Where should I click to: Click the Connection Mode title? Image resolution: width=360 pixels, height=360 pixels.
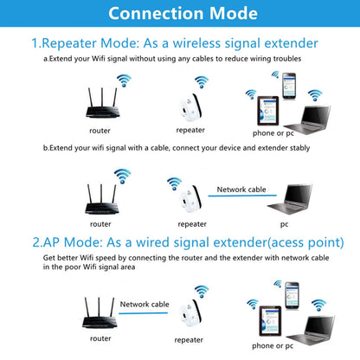click(180, 14)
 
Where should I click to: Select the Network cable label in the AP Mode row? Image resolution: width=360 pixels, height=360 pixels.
click(145, 304)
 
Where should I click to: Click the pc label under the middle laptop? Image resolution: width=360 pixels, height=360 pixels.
click(284, 223)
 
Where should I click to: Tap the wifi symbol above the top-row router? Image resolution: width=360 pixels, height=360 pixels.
click(125, 80)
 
